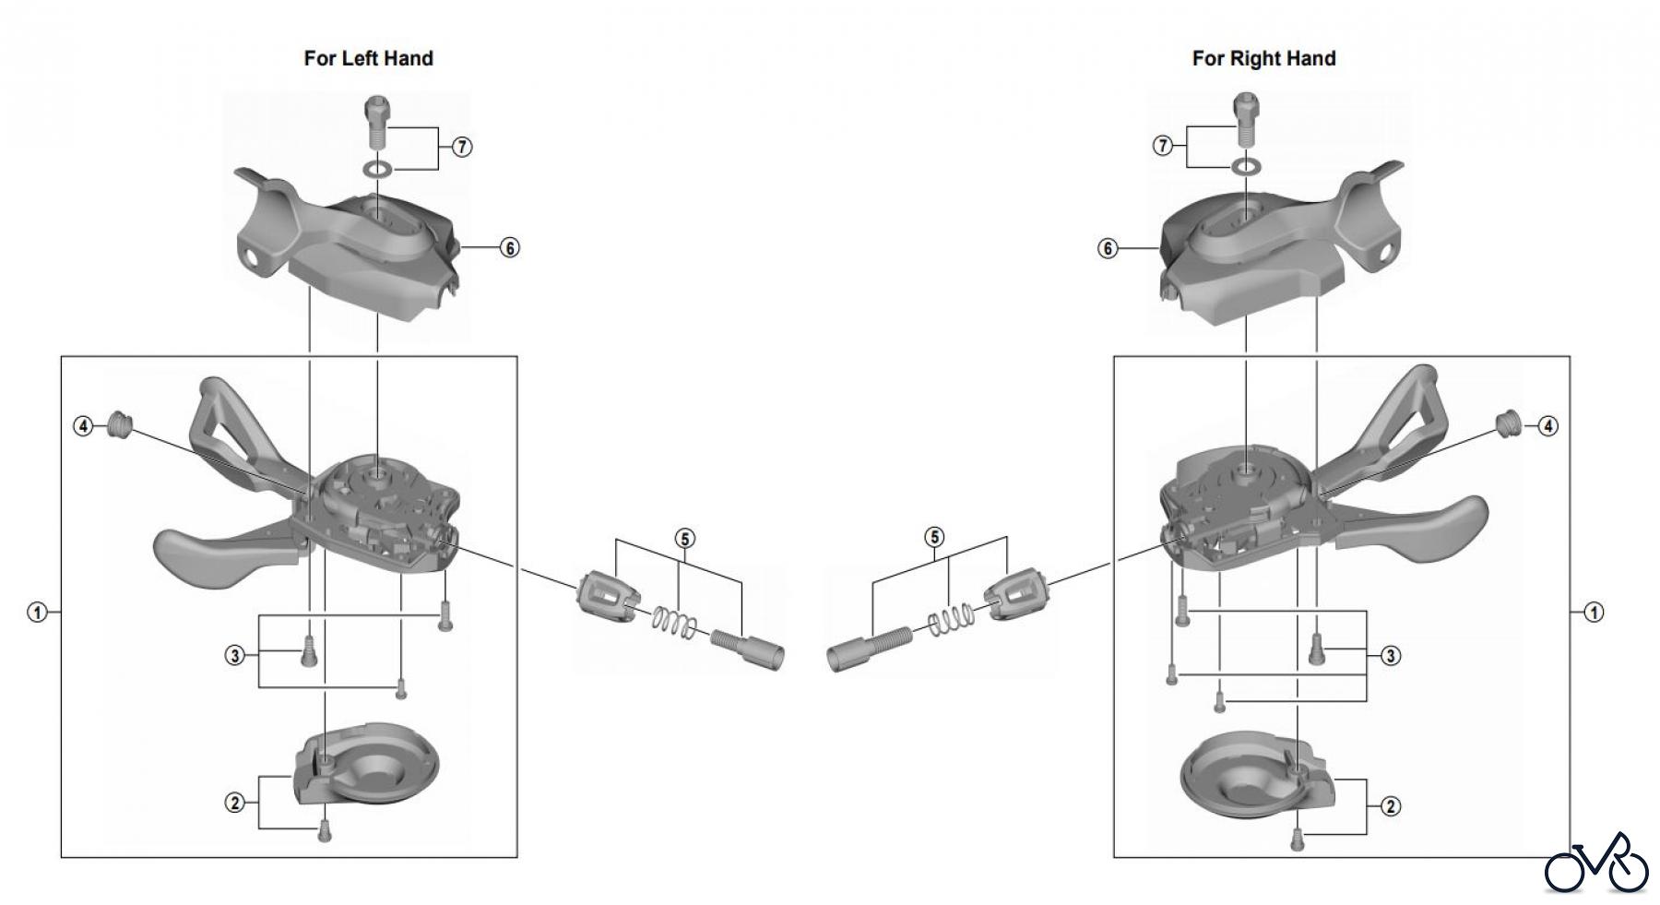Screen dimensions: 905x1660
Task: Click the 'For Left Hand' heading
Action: [x=368, y=58]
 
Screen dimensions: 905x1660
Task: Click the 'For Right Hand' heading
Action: [x=1263, y=58]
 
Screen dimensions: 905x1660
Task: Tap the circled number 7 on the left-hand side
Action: [x=462, y=147]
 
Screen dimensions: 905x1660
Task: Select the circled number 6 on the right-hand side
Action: [x=1108, y=248]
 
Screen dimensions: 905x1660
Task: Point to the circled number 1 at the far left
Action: [x=37, y=612]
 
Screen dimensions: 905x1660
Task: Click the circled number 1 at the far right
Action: [x=1593, y=612]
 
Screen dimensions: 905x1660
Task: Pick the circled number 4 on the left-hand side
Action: [x=84, y=426]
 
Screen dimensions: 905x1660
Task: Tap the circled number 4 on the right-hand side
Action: [x=1547, y=426]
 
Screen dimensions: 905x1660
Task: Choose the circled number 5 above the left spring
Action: [x=684, y=538]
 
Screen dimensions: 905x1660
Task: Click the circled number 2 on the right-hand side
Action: [x=1390, y=806]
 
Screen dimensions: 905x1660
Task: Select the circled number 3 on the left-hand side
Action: [x=235, y=655]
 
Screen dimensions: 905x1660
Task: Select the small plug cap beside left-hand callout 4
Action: [x=117, y=424]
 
